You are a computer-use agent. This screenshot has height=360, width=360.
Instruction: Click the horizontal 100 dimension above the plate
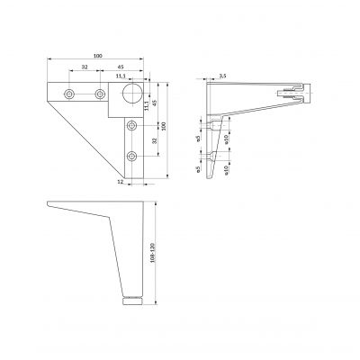[95, 58]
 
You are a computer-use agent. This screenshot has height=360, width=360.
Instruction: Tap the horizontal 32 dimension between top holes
[84, 68]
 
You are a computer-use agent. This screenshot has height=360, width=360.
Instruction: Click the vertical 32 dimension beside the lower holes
[153, 140]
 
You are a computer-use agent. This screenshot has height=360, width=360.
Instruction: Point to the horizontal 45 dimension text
[120, 68]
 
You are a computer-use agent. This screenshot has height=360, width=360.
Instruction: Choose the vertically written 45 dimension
[154, 100]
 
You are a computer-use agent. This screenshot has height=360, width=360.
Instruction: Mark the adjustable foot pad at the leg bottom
[131, 298]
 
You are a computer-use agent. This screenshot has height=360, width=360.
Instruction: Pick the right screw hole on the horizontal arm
[100, 94]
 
